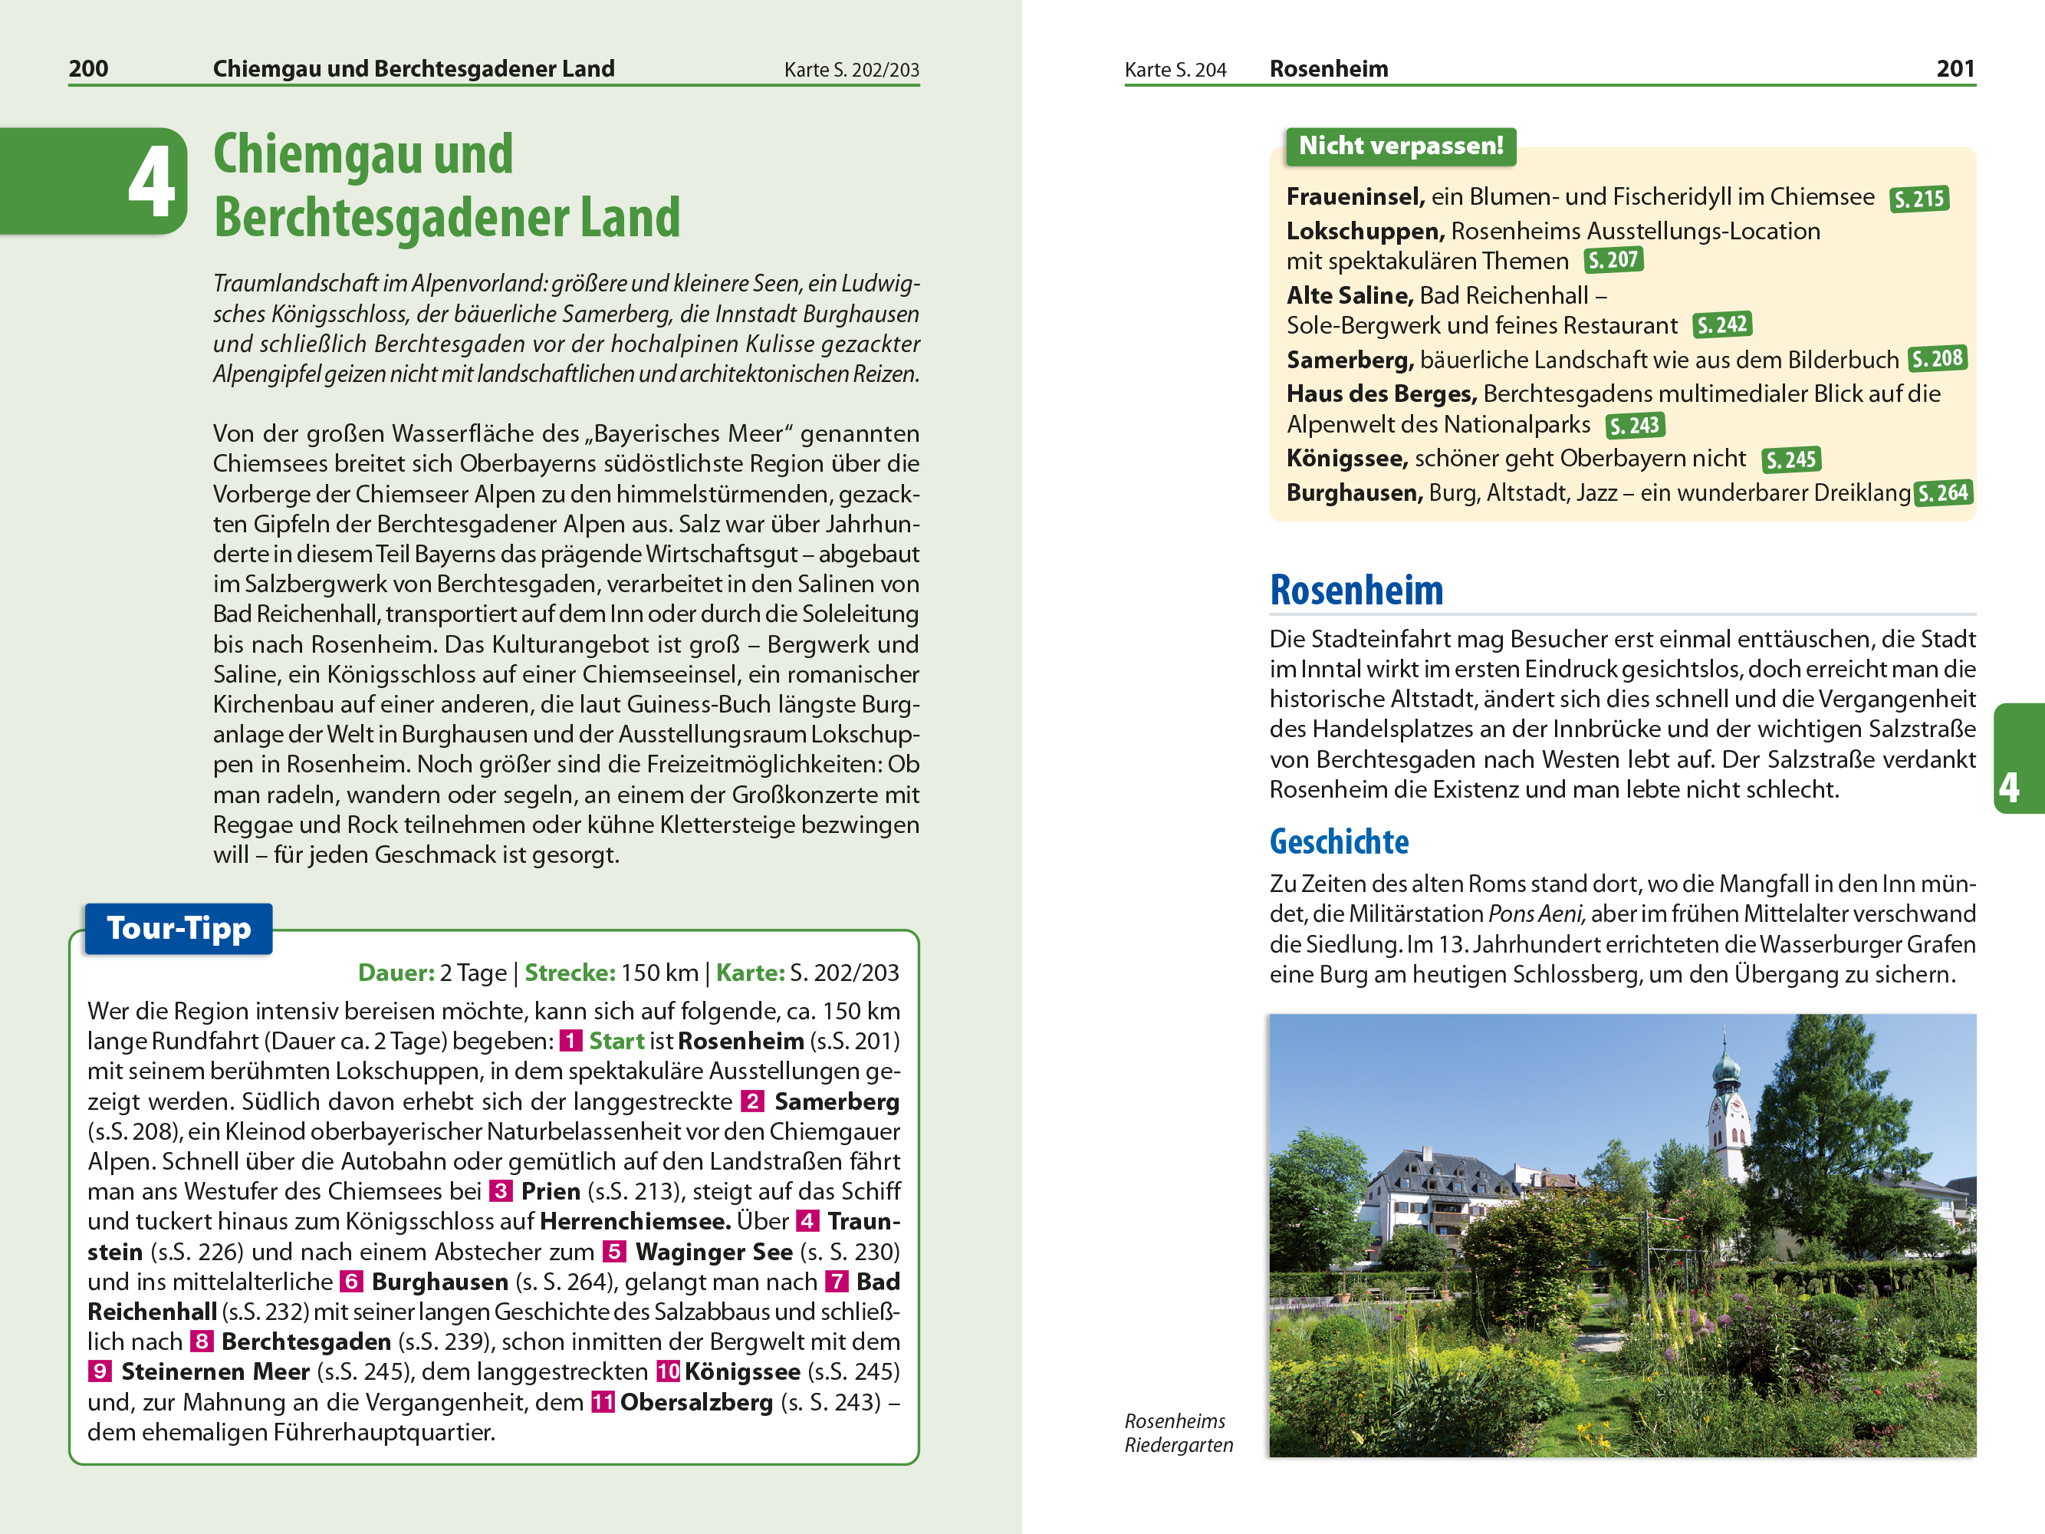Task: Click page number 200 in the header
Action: coord(88,68)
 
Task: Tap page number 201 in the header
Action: coord(1955,68)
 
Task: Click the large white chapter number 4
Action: coord(151,182)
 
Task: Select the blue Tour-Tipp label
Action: coord(179,928)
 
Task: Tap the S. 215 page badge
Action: coord(1918,199)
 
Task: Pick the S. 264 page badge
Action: coord(1942,493)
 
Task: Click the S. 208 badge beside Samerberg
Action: coord(1937,359)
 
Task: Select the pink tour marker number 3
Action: coord(500,1191)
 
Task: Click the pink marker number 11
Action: coord(603,1402)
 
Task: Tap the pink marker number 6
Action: coord(350,1282)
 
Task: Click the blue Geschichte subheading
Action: coord(1339,841)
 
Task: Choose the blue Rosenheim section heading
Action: coord(1356,590)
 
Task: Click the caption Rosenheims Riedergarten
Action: coord(1178,1432)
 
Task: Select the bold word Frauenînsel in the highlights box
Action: coord(1354,197)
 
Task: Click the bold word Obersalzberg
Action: coord(696,1402)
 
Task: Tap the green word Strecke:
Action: coord(570,973)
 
